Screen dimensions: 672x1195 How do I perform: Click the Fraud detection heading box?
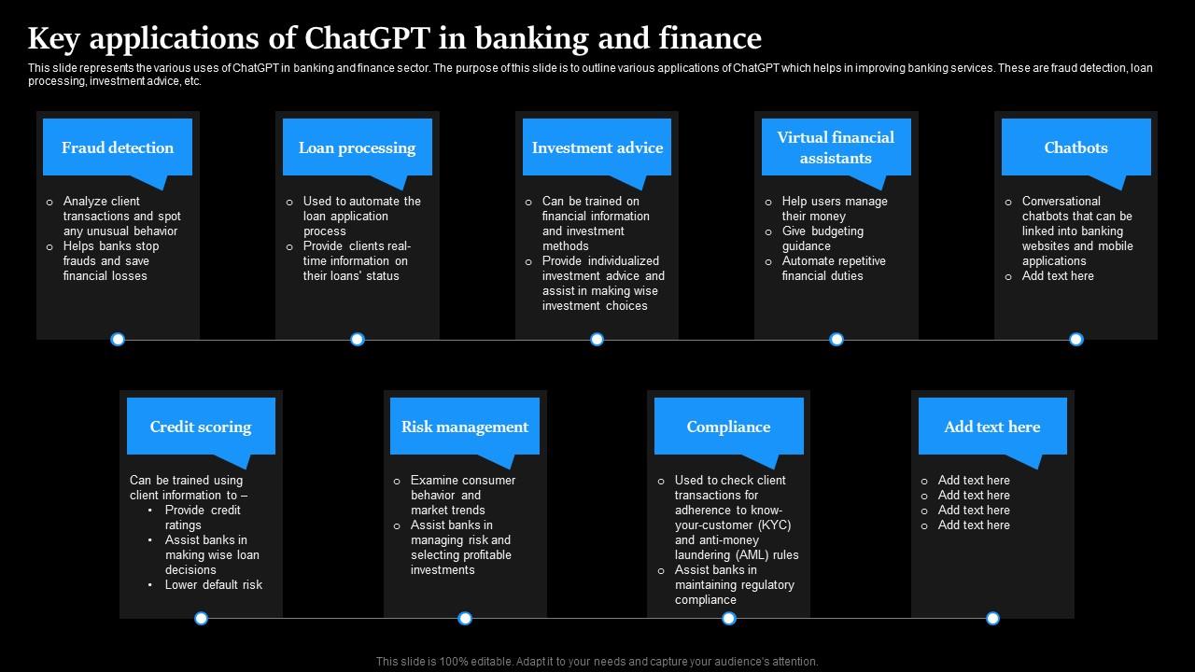pos(118,147)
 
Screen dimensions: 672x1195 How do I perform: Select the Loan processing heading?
pos(357,147)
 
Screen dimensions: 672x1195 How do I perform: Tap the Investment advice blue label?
pos(597,147)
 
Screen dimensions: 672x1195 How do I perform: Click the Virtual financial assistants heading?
pos(836,147)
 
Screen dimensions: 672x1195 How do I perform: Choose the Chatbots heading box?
pos(1075,147)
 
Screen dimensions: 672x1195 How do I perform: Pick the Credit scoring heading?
pos(201,427)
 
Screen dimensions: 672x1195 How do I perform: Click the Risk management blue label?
pos(464,427)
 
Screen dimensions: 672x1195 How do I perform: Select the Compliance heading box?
pos(728,427)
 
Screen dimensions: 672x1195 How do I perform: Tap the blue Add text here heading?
pos(991,427)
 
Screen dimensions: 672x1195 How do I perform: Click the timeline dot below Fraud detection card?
pos(118,340)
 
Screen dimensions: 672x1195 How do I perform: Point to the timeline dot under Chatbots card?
pos(1075,340)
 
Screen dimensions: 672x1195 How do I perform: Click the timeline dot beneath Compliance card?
pos(728,618)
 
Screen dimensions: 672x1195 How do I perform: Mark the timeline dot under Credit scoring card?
pos(201,618)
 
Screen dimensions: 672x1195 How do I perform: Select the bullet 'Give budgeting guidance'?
pos(822,238)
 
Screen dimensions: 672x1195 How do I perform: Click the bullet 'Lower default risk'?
pos(214,584)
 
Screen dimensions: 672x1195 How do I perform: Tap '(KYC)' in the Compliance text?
pos(774,525)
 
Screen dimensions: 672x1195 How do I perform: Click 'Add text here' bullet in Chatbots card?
pos(1057,275)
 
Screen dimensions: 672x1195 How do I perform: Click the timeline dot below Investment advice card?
pos(597,340)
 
